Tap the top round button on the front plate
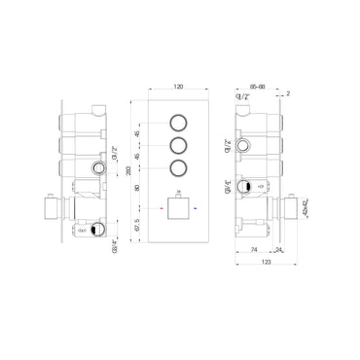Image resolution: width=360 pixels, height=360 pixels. coord(179,124)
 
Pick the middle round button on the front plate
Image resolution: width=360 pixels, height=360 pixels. coord(179,146)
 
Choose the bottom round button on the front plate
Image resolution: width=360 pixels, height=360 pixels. coord(179,169)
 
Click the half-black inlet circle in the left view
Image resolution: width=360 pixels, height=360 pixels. coord(94,230)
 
